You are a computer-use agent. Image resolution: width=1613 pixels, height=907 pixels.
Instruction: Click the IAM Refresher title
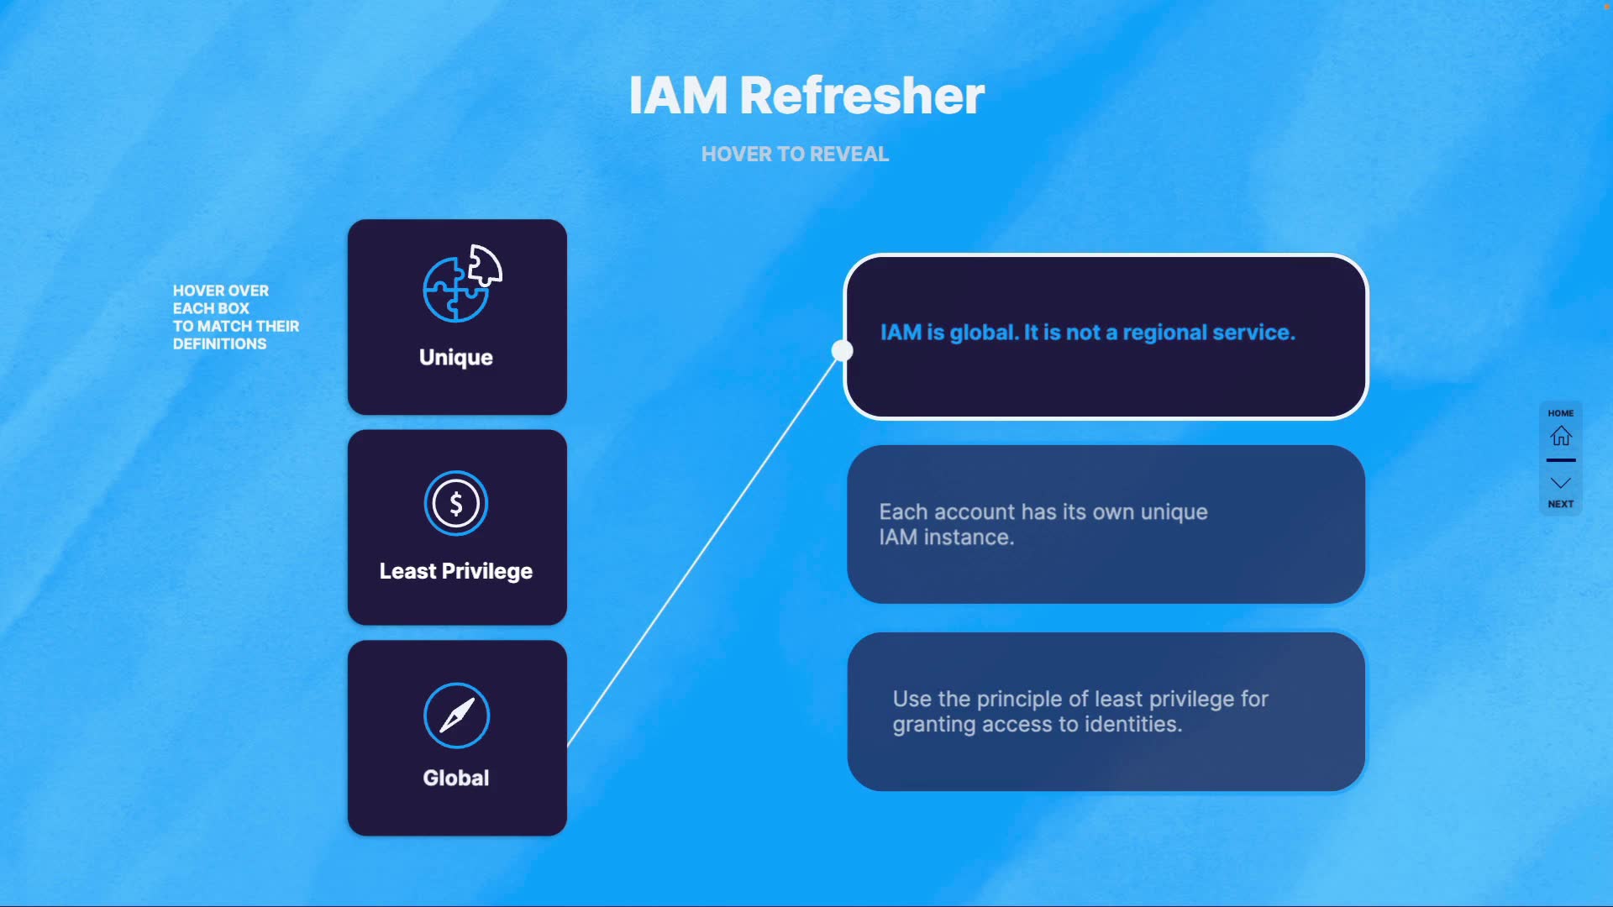[x=806, y=96]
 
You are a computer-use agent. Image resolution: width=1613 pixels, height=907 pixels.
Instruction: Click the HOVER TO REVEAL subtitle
[x=795, y=155]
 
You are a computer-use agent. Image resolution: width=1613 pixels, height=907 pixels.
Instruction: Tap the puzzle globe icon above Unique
[x=461, y=284]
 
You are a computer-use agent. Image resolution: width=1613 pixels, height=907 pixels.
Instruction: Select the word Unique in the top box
[x=456, y=358]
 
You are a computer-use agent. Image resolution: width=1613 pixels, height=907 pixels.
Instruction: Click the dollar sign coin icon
[x=456, y=503]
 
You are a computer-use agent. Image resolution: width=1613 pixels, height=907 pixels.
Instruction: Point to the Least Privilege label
[x=456, y=571]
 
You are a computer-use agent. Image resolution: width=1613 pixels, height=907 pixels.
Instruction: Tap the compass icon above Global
[x=456, y=716]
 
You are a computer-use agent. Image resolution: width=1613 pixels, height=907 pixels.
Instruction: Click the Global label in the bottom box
[x=456, y=778]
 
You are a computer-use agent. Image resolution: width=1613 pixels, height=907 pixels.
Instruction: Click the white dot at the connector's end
[x=842, y=350]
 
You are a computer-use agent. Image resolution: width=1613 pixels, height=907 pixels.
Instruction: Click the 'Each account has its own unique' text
[x=1043, y=512]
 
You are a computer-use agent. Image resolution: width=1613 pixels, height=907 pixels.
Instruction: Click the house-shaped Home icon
[x=1561, y=436]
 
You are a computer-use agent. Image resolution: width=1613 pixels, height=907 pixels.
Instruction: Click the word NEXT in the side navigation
[x=1561, y=504]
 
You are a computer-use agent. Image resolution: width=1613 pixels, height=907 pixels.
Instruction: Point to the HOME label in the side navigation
[x=1561, y=413]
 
